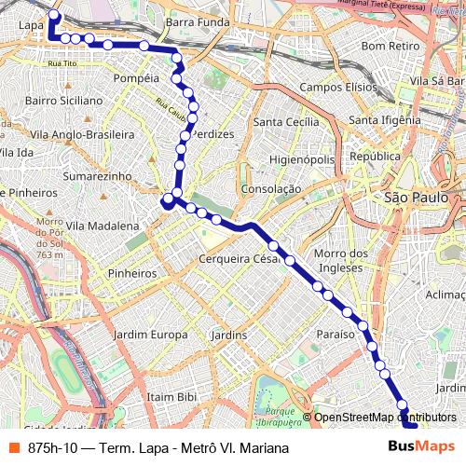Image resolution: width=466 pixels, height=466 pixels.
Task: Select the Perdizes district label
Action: [x=211, y=134]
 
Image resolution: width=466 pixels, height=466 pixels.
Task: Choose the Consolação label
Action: [x=270, y=188]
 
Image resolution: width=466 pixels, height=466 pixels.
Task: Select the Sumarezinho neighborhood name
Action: [x=93, y=175]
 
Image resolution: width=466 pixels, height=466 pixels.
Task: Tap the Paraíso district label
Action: [x=336, y=334]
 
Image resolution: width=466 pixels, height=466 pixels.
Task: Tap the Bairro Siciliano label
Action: [x=63, y=100]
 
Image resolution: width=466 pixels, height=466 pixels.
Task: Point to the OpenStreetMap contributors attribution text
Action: [x=385, y=417]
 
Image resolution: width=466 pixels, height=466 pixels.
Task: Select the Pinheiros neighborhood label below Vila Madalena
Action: [x=131, y=274]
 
